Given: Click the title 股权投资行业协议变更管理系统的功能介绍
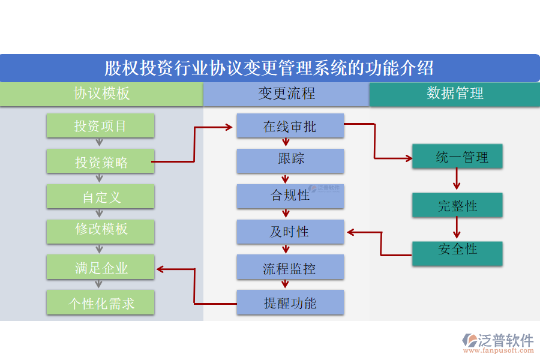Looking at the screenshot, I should coord(269,68).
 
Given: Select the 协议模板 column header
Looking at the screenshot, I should coord(101,94).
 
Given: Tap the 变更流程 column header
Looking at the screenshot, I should coord(286,94).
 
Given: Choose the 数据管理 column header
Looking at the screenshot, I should coord(455,94).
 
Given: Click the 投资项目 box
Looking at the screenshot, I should coord(100,126).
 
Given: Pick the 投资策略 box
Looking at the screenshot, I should coord(100,162).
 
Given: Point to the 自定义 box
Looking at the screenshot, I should coord(100,197).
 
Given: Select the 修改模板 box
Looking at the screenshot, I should coord(100,231).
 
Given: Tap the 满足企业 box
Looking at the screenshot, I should coord(100,268).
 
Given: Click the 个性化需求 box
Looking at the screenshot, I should coord(100,303).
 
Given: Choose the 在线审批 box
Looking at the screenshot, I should coord(290,126).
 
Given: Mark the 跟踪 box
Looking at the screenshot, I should coord(290,160).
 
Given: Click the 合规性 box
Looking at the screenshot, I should coord(290,196).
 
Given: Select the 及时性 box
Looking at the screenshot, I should coord(290,232).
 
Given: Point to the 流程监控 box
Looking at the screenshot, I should coord(290,267).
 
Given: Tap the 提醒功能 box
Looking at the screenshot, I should coord(290,302).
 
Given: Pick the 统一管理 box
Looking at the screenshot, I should coord(457,157).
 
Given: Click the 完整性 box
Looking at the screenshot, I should coord(457,205).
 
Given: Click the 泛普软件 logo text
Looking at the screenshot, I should coord(505,340).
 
